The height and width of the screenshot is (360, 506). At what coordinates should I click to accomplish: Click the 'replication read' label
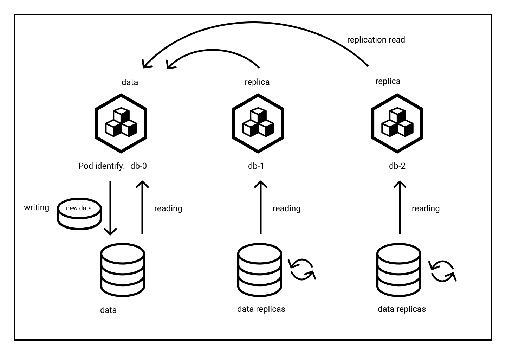376,40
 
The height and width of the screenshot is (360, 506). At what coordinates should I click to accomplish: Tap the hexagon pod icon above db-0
121,123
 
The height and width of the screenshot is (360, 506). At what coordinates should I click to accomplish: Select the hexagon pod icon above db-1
258,123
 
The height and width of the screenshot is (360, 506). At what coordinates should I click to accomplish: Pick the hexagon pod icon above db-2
397,123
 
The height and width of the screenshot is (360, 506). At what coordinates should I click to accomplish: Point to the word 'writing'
37,207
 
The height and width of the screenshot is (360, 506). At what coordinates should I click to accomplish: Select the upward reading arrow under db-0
142,207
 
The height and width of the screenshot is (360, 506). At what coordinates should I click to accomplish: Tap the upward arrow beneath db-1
260,207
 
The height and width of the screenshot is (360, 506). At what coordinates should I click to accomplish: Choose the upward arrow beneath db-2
400,207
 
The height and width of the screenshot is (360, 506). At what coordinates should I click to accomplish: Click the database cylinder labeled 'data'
122,270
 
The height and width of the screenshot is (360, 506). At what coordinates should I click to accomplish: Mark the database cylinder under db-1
259,270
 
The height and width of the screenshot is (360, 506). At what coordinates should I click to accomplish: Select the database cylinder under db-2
398,270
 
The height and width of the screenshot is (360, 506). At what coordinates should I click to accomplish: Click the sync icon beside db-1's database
302,270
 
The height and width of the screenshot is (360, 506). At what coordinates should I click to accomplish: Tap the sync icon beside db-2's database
442,271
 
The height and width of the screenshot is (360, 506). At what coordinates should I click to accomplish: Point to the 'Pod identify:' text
102,166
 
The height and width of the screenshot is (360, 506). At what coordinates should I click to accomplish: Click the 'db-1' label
256,166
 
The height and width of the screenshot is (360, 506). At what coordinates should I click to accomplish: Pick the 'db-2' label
397,166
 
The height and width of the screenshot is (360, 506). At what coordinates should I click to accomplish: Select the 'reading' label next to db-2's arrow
426,208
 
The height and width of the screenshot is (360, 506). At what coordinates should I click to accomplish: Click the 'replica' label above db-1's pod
257,82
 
